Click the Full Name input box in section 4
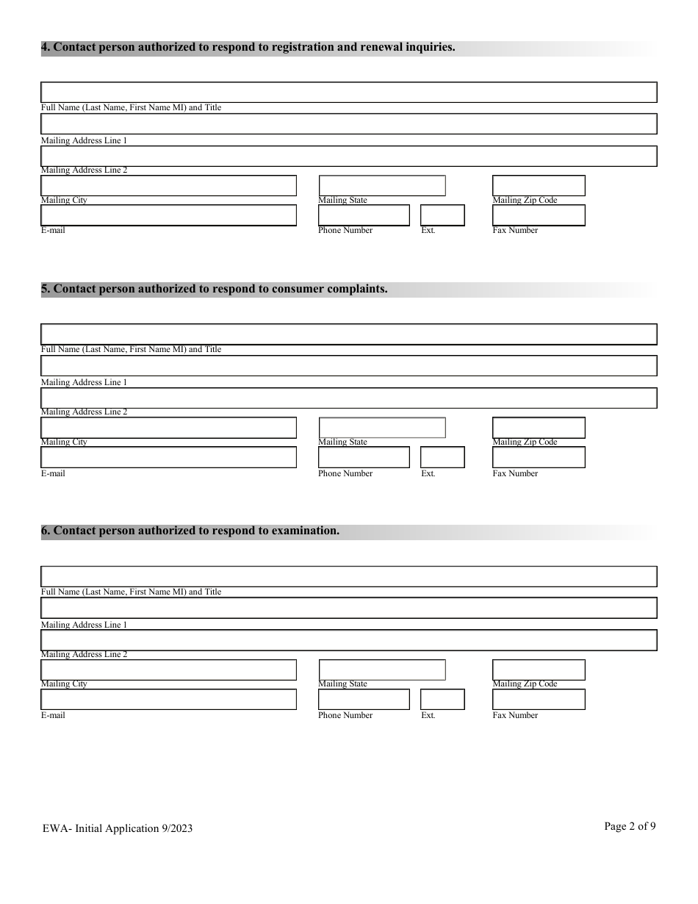pyautogui.click(x=348, y=93)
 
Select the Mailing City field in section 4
pyautogui.click(x=168, y=186)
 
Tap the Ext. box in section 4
pyautogui.click(x=442, y=215)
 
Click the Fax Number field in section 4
pyautogui.click(x=538, y=215)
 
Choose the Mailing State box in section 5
pyautogui.click(x=382, y=428)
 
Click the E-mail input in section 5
pyautogui.click(x=168, y=457)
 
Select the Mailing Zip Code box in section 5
pyautogui.click(x=538, y=428)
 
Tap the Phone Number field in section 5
pyautogui.click(x=364, y=457)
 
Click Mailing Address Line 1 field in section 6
pyautogui.click(x=348, y=608)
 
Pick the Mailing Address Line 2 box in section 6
pyautogui.click(x=348, y=640)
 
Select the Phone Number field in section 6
pyautogui.click(x=364, y=699)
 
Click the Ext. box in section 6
pyautogui.click(x=442, y=699)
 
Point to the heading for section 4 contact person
pyautogui.click(x=248, y=48)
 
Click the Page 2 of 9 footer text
pyautogui.click(x=630, y=826)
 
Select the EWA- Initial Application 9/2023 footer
pyautogui.click(x=118, y=828)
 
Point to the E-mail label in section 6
pyautogui.click(x=53, y=715)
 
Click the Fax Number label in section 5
pyautogui.click(x=515, y=473)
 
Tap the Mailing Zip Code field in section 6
pyautogui.click(x=538, y=670)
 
